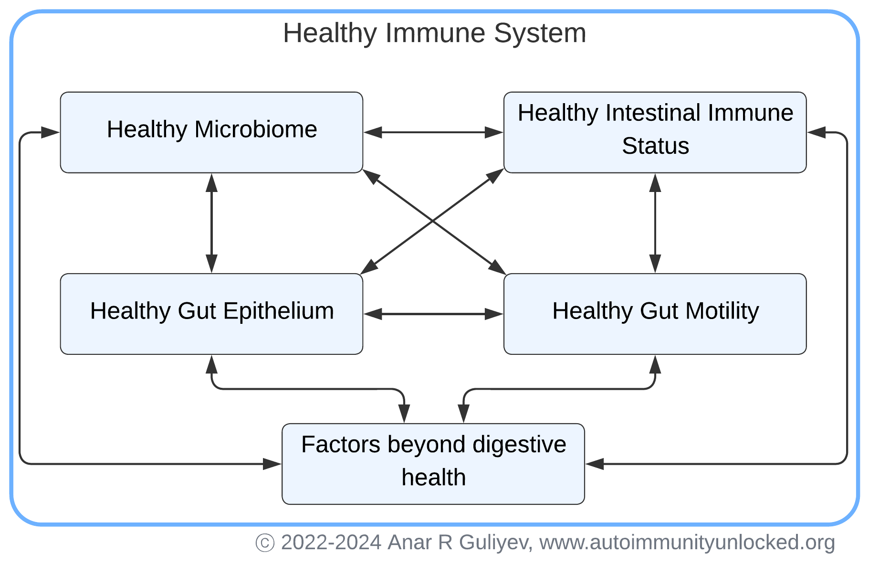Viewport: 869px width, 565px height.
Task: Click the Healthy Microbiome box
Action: point(211,132)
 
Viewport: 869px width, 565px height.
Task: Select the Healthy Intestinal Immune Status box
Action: point(655,132)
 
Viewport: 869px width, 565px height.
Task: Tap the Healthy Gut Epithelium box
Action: point(211,314)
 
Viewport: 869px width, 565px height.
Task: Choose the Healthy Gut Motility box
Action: point(655,314)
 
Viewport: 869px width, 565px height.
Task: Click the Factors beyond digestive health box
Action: point(433,463)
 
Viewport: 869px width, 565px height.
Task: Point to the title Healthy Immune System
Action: point(434,33)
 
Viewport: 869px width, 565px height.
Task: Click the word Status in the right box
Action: point(655,146)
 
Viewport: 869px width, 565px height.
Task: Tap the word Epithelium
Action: point(278,311)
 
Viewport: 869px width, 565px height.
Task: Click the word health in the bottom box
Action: point(433,477)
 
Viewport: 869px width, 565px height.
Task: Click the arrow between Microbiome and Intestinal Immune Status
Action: point(433,132)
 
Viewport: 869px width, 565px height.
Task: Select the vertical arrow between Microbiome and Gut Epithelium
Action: point(211,223)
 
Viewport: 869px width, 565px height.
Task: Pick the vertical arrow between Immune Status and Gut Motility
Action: point(655,223)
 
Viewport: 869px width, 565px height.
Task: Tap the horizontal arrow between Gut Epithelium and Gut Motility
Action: point(433,314)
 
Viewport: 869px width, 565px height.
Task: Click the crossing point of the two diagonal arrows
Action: point(433,221)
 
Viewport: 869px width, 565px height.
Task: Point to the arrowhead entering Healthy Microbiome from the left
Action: point(50,132)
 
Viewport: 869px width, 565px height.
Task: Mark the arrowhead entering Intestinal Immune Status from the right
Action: point(817,132)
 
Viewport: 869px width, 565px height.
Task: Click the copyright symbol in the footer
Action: point(265,543)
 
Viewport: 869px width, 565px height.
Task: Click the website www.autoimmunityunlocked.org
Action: point(687,543)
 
